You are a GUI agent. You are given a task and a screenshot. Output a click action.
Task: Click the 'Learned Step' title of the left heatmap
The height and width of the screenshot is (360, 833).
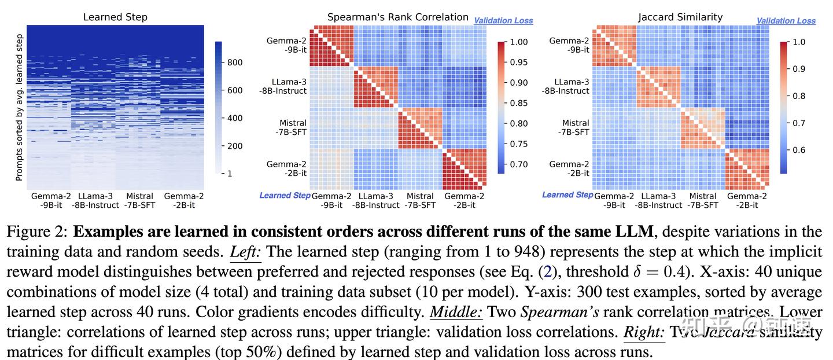tap(115, 17)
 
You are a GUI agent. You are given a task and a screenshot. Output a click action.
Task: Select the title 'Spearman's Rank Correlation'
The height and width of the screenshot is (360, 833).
tap(398, 17)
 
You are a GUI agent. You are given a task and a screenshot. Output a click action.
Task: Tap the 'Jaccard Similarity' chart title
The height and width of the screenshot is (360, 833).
tap(680, 17)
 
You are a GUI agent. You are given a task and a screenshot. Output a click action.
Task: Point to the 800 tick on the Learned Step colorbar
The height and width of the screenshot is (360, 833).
tap(234, 63)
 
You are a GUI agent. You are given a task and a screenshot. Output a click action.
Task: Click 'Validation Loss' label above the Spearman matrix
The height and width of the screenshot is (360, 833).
tap(503, 21)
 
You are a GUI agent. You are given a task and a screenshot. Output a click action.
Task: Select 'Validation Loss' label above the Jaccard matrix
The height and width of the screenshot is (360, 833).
tap(786, 21)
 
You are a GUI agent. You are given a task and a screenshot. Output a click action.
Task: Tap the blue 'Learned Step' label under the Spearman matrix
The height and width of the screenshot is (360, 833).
tap(285, 196)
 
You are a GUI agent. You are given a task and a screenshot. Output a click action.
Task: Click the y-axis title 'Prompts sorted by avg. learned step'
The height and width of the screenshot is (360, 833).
tap(19, 107)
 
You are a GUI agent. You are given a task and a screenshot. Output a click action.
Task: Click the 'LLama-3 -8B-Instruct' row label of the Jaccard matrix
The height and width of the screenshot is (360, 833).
tap(566, 86)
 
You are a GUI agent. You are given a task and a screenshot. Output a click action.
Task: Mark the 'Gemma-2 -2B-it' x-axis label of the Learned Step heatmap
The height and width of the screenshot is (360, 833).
tap(184, 200)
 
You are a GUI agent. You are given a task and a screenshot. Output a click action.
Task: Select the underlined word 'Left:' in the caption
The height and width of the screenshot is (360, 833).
tap(244, 252)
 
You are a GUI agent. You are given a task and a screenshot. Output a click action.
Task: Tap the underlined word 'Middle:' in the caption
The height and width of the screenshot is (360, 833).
tap(456, 313)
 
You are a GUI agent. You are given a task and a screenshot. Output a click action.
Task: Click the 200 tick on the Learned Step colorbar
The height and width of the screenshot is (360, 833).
tap(234, 146)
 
